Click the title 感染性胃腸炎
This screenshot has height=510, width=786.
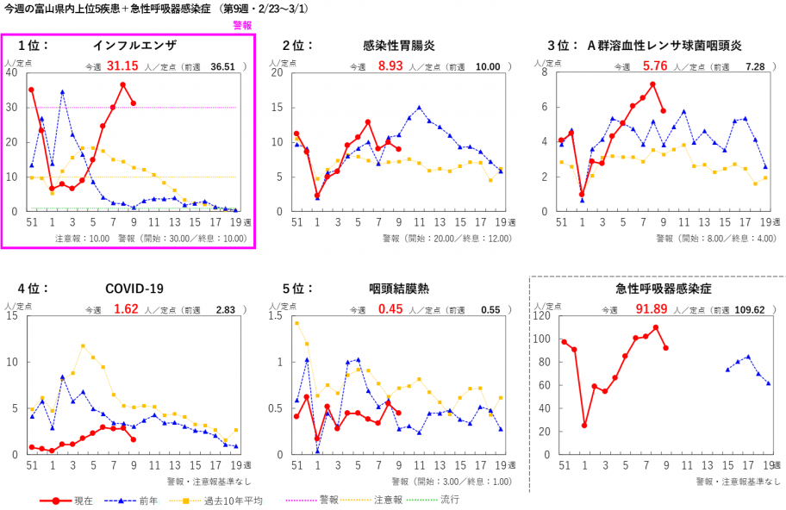point(398,45)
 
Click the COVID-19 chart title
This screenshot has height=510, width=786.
point(134,289)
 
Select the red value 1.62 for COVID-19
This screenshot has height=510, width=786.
point(126,309)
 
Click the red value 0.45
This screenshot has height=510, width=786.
point(390,309)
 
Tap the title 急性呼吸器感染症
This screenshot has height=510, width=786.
point(658,289)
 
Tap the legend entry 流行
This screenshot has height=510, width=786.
point(448,500)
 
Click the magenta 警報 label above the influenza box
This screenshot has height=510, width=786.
point(242,26)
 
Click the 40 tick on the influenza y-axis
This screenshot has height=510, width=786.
point(11,72)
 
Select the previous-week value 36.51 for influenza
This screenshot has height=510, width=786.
point(222,66)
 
